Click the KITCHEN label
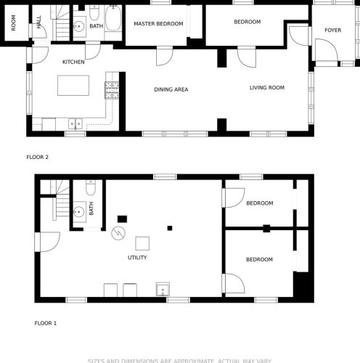coord(73,62)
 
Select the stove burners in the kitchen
coord(112,89)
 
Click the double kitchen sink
coord(75,124)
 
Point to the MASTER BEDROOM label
coord(158,23)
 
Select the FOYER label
coord(332,30)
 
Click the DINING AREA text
coord(171,89)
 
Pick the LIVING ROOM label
coord(266,88)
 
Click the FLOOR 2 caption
coord(37,157)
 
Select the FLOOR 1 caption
coord(46,322)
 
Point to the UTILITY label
coord(137,257)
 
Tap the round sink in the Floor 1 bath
coord(79,213)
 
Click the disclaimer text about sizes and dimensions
coord(179,359)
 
